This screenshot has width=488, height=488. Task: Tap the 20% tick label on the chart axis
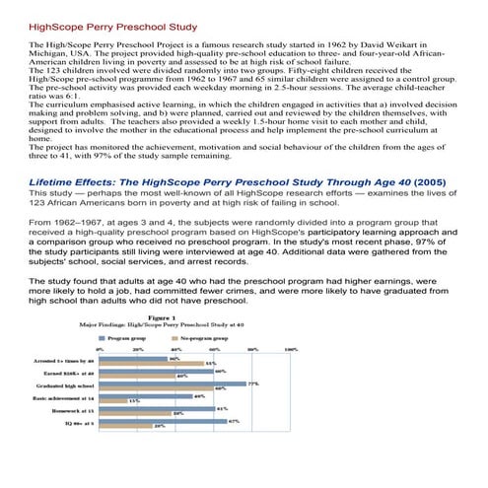(x=138, y=350)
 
